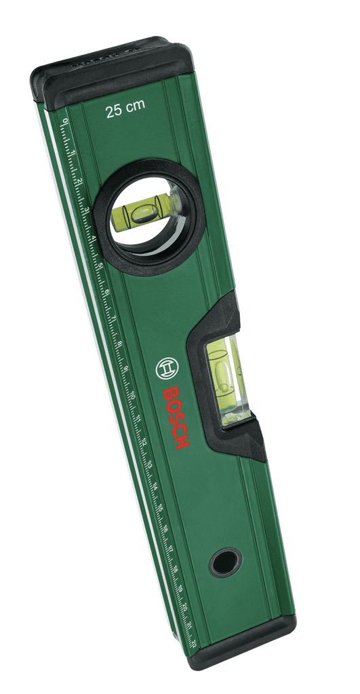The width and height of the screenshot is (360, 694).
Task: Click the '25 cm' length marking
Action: tap(125, 110)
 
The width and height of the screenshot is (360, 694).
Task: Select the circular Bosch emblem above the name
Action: tap(166, 369)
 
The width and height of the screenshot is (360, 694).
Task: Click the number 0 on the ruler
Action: tap(65, 121)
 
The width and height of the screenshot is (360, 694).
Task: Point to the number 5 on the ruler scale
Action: tap(100, 265)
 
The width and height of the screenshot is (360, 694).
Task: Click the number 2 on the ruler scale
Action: tap(79, 181)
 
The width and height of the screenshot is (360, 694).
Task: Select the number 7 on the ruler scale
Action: tap(113, 320)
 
